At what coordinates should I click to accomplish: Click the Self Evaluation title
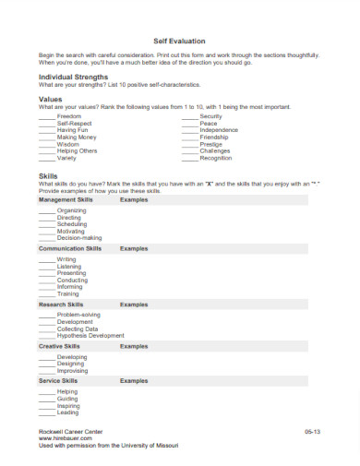[x=179, y=42]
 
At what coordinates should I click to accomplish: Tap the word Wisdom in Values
[x=68, y=144]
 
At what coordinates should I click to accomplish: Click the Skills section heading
[x=48, y=174]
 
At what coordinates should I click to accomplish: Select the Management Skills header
[x=66, y=199]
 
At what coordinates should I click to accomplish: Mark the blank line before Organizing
[x=46, y=210]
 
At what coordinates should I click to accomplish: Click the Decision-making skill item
[x=79, y=237]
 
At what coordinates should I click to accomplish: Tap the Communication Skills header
[x=70, y=248]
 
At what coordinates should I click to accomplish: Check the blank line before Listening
[x=46, y=267]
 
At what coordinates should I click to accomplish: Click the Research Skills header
[x=61, y=304]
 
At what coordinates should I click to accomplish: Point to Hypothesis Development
[x=90, y=335]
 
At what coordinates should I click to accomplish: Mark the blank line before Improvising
[x=46, y=370]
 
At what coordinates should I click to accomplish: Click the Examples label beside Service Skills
[x=134, y=380]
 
